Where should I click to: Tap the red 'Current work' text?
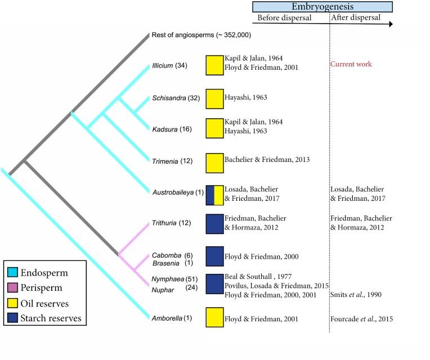point(351,64)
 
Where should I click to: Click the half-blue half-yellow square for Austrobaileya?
point(214,195)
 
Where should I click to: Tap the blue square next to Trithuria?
point(214,224)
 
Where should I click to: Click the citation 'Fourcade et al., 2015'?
point(361,319)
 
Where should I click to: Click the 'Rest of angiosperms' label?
point(201,35)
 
